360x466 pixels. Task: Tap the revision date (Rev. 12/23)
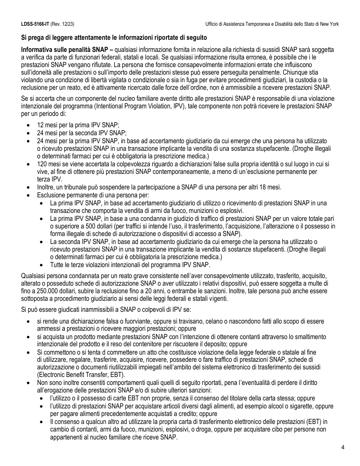coord(62,24)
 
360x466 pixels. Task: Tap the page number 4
coord(343,447)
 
